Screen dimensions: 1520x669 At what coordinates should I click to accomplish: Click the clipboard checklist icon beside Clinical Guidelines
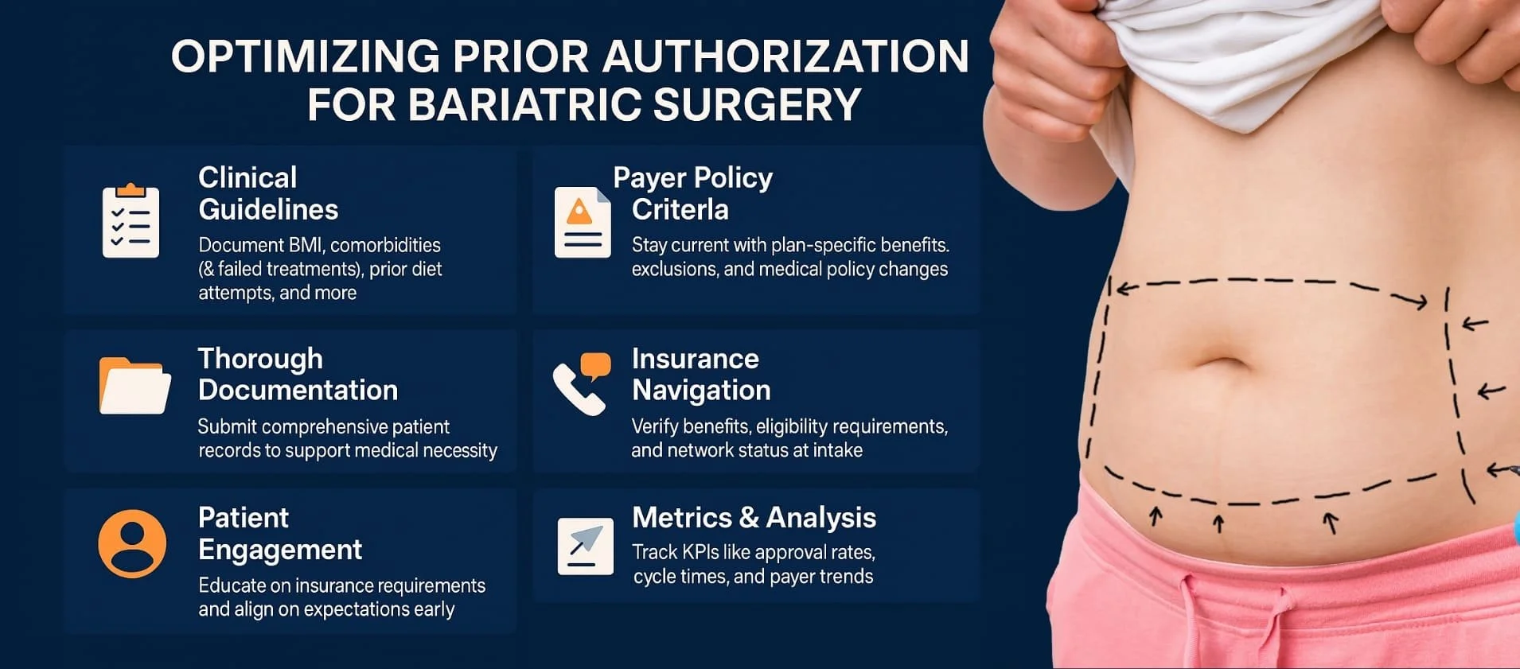[131, 222]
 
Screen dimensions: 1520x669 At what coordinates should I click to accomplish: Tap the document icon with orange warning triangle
[583, 222]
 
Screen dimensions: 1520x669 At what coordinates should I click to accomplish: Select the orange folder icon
[134, 386]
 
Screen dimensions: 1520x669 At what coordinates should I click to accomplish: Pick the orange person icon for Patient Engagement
[132, 543]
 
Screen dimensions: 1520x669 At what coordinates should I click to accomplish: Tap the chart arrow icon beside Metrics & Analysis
[585, 546]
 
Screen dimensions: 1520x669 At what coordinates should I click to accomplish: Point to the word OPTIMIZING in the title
[306, 56]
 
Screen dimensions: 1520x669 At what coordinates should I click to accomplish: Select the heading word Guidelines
[268, 209]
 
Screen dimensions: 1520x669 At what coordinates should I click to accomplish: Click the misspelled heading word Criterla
[680, 209]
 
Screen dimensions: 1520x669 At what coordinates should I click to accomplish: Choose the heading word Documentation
[298, 390]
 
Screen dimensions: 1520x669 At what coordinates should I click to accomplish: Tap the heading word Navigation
[701, 390]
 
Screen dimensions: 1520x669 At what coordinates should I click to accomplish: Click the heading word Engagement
[280, 550]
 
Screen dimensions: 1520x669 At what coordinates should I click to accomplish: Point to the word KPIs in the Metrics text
[700, 552]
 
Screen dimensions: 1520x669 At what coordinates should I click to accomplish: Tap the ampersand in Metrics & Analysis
[749, 518]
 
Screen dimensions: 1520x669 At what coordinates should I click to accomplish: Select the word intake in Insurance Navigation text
[837, 450]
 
